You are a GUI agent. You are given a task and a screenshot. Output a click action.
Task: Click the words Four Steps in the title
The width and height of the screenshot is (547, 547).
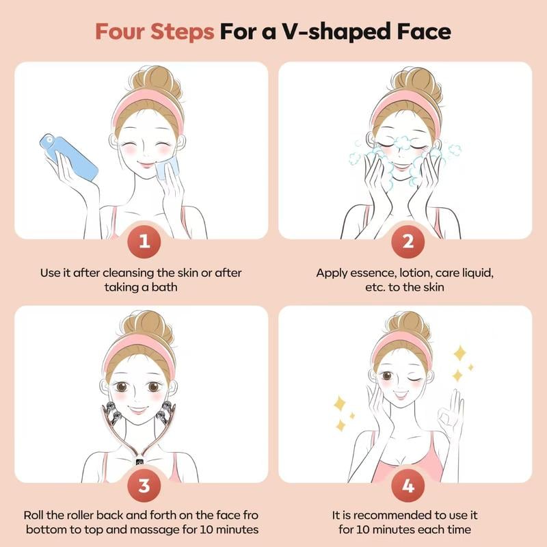pyautogui.click(x=155, y=32)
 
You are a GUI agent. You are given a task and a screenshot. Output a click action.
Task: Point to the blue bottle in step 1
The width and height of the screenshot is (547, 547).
pyautogui.click(x=69, y=156)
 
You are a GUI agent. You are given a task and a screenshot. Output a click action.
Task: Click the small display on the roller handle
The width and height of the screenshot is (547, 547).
pyautogui.click(x=139, y=460)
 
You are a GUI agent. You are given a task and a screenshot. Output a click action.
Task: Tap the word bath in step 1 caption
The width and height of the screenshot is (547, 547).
pyautogui.click(x=164, y=288)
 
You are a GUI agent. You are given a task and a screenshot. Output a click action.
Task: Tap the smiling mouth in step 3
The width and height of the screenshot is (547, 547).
pyautogui.click(x=140, y=410)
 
